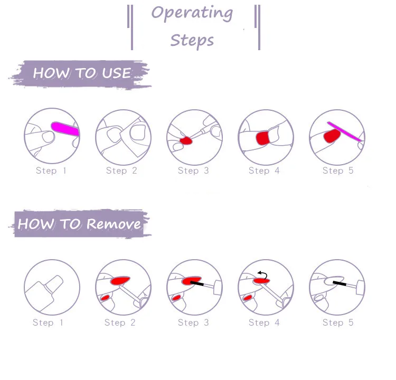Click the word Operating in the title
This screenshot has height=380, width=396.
[x=192, y=13]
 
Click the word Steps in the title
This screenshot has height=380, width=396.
[x=192, y=40]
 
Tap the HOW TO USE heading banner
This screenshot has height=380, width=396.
[x=82, y=73]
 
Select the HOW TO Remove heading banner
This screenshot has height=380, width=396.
[x=80, y=224]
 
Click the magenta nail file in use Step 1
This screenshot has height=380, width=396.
[x=65, y=128]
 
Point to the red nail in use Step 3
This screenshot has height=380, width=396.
[x=186, y=141]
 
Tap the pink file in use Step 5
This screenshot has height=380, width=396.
[x=344, y=132]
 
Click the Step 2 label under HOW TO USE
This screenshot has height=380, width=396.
[x=121, y=170]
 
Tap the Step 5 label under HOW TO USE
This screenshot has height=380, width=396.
[x=338, y=170]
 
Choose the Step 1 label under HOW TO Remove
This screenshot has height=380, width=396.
[x=48, y=322]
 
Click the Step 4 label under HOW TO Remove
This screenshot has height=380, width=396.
[x=264, y=322]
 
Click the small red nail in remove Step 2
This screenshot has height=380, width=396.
[x=105, y=298]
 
